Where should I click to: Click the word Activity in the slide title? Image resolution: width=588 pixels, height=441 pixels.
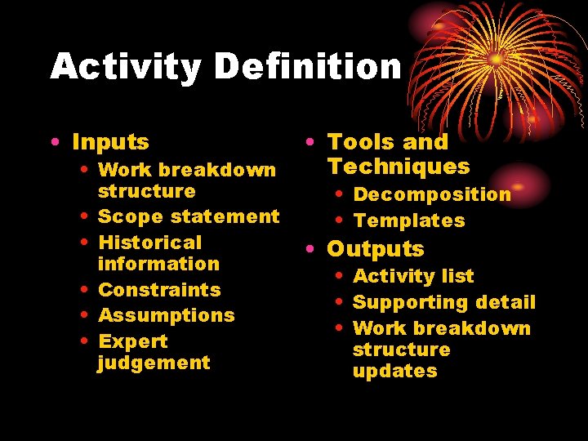(125, 67)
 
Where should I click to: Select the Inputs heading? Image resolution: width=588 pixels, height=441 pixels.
(110, 142)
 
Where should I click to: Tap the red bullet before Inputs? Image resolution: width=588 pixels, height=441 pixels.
(53, 143)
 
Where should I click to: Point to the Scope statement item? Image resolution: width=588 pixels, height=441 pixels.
(189, 216)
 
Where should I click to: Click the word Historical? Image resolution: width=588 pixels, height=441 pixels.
(149, 243)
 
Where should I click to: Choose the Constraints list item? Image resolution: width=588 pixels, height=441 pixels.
(159, 290)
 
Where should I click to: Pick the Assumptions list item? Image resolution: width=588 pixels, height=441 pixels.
(166, 315)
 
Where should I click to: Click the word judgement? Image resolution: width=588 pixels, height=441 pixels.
(154, 363)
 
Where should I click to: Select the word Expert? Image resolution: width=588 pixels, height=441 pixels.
(132, 341)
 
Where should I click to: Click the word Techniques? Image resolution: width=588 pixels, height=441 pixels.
(399, 167)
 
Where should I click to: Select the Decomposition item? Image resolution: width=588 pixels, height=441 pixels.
(432, 194)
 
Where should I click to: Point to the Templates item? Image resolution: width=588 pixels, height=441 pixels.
(408, 220)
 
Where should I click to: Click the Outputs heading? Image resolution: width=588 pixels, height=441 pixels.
(376, 249)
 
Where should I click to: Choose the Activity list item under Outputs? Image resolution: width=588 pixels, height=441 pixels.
(413, 276)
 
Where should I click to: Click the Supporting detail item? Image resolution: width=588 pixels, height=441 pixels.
(444, 302)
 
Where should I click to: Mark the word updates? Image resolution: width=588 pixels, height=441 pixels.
(394, 371)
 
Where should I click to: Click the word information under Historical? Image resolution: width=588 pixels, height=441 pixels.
(158, 264)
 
